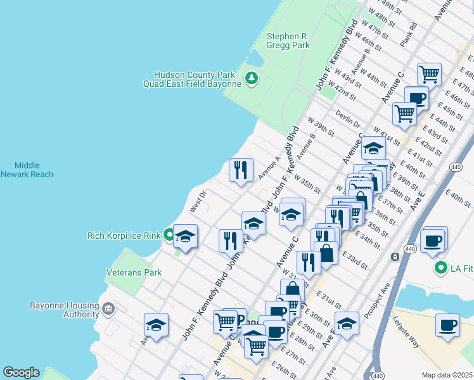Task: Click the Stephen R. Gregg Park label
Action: (288, 41)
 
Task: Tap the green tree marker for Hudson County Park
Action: (252, 79)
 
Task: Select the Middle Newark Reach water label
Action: (27, 169)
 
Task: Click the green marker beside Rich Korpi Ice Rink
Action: (169, 236)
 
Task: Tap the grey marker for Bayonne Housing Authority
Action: (108, 309)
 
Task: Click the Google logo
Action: (21, 372)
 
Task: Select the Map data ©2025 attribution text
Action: (446, 375)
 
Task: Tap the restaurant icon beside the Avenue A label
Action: (241, 170)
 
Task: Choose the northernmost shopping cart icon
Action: (430, 74)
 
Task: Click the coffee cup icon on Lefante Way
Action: (448, 325)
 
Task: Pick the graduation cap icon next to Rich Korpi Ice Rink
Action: (186, 236)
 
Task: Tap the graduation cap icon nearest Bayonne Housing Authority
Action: (156, 324)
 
